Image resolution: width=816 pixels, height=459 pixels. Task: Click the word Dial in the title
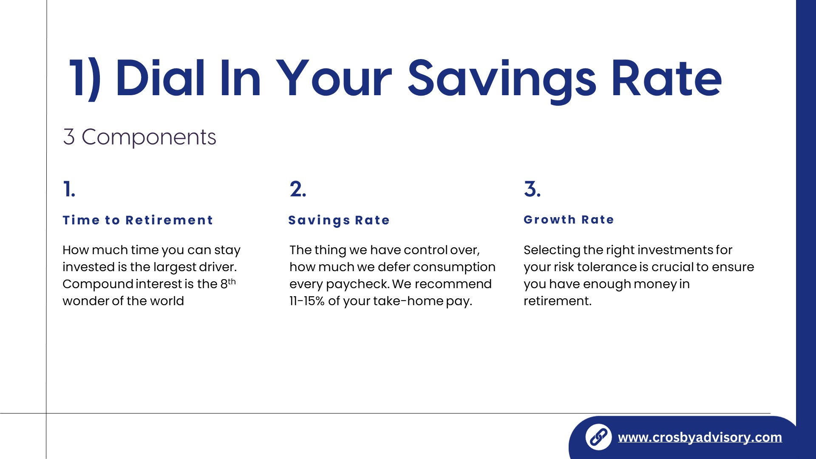pyautogui.click(x=161, y=78)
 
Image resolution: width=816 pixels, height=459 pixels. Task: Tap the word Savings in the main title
pyautogui.click(x=502, y=81)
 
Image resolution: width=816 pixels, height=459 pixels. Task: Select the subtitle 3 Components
pyautogui.click(x=139, y=137)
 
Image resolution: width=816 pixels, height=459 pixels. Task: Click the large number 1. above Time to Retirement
pyautogui.click(x=69, y=189)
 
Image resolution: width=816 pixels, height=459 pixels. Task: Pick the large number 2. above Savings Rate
pyautogui.click(x=298, y=189)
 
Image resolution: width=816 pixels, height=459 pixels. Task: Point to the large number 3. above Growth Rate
pyautogui.click(x=532, y=189)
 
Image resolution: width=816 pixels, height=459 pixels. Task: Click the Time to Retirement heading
pyautogui.click(x=138, y=220)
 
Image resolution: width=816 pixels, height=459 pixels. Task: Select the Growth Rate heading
pyautogui.click(x=569, y=220)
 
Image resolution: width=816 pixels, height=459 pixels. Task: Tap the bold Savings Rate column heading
pyautogui.click(x=339, y=220)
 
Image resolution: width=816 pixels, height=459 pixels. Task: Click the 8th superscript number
pyautogui.click(x=228, y=283)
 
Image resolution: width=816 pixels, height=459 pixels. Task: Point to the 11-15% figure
pyautogui.click(x=307, y=301)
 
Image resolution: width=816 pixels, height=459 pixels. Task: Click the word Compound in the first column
pyautogui.click(x=98, y=284)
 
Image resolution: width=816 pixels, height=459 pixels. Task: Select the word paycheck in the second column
pyautogui.click(x=358, y=284)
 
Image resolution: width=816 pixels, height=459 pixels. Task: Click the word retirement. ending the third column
pyautogui.click(x=557, y=301)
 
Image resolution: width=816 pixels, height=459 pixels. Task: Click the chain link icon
pyautogui.click(x=598, y=437)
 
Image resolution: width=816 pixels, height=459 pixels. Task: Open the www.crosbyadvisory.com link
pyautogui.click(x=700, y=437)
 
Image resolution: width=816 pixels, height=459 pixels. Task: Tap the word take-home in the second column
pyautogui.click(x=408, y=301)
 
